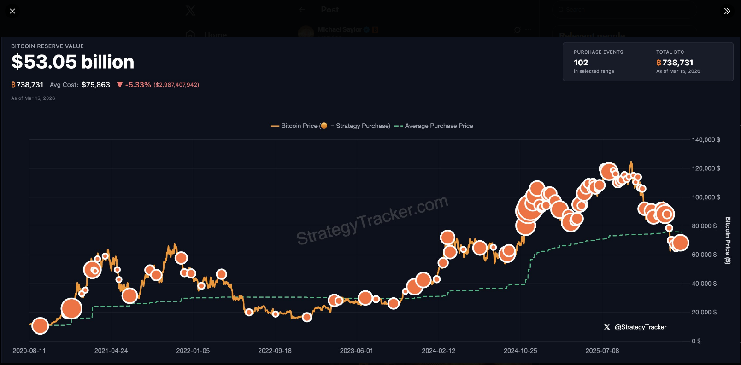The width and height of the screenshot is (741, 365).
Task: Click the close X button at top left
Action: click(x=12, y=11)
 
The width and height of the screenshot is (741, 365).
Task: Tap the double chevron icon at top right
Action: click(x=727, y=11)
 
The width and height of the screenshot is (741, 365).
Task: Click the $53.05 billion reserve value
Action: click(x=73, y=62)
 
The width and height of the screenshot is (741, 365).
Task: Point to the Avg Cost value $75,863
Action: click(x=96, y=85)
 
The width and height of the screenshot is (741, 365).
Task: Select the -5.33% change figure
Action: click(x=138, y=85)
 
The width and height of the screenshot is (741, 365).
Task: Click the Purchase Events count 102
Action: click(x=581, y=63)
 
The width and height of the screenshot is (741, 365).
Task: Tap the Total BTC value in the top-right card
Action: click(x=675, y=63)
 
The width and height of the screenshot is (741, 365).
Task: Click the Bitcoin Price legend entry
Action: click(x=299, y=126)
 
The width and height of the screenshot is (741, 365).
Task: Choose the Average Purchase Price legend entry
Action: click(x=438, y=126)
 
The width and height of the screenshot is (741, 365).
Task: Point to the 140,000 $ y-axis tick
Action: click(x=706, y=139)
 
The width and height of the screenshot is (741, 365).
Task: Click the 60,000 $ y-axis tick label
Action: click(x=704, y=255)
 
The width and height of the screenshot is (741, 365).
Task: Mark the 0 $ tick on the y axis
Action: click(x=696, y=341)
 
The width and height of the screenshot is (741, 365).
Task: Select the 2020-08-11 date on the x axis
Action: click(x=29, y=351)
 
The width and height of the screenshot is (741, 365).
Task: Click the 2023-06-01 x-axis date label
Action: click(x=356, y=351)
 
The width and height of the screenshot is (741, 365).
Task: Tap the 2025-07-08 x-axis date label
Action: click(x=602, y=351)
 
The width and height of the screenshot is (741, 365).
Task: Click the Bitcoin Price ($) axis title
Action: click(x=728, y=240)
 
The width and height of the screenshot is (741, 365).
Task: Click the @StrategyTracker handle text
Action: click(x=640, y=327)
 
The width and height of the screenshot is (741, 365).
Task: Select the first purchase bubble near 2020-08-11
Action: click(x=40, y=326)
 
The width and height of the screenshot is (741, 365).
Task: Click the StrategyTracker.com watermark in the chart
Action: click(x=372, y=220)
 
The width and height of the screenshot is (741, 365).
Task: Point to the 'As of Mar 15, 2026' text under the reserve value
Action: click(x=33, y=98)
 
